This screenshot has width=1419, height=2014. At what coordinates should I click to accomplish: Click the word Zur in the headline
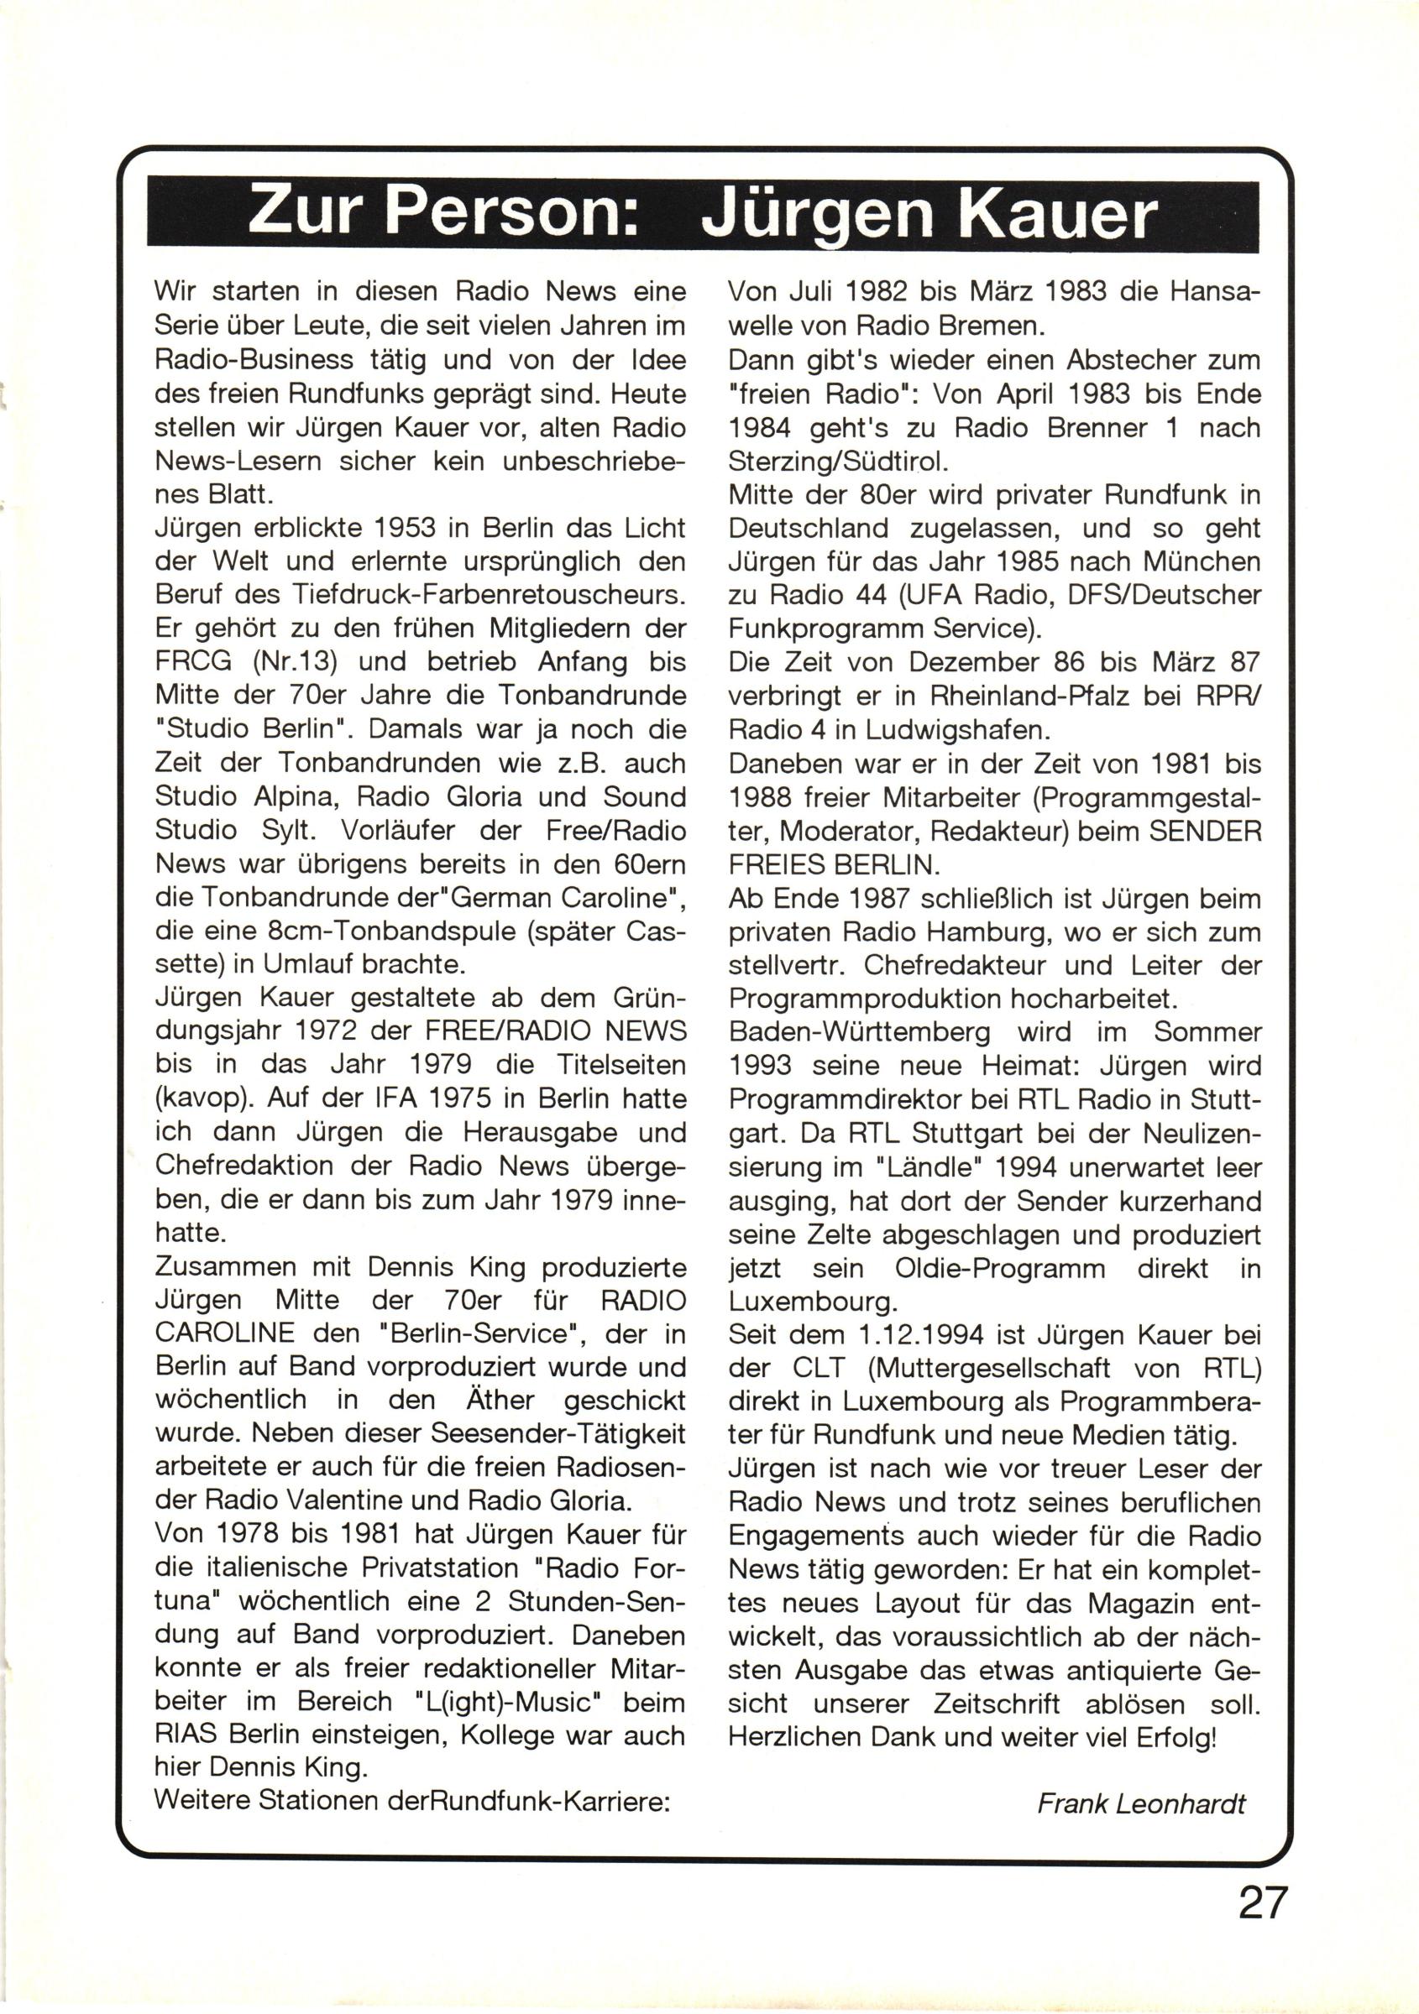tap(301, 215)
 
